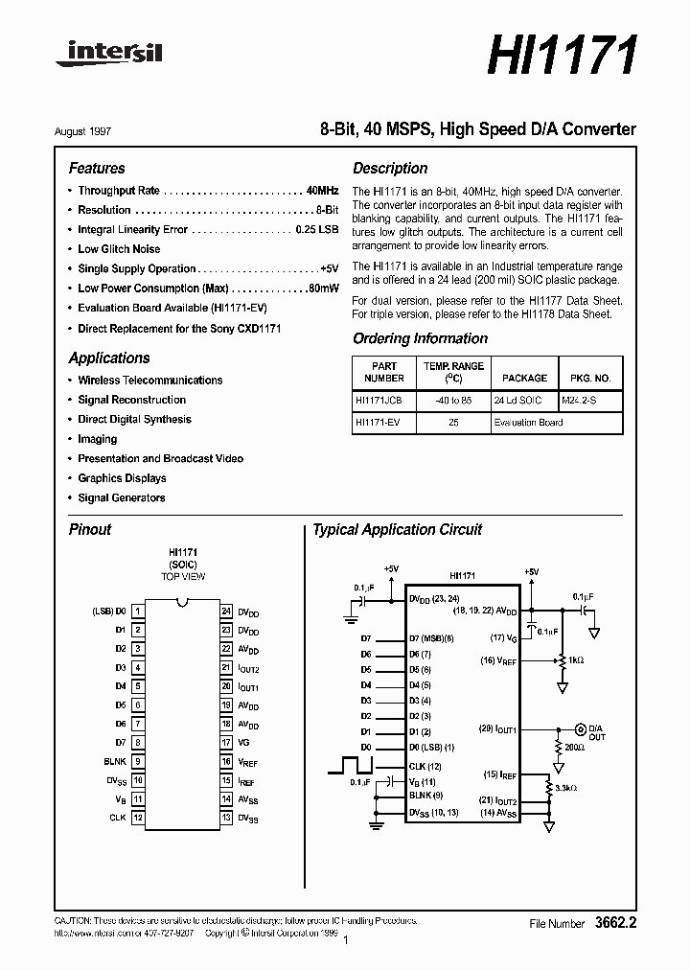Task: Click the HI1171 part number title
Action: click(x=563, y=55)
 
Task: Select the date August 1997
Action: click(x=96, y=130)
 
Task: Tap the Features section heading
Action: click(x=97, y=168)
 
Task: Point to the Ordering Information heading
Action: click(x=420, y=338)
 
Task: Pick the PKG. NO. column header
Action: click(x=590, y=379)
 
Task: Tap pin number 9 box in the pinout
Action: click(x=138, y=761)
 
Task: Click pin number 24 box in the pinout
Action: click(x=227, y=611)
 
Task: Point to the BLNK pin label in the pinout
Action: click(x=115, y=761)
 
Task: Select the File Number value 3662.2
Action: click(x=614, y=923)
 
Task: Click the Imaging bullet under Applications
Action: click(x=98, y=439)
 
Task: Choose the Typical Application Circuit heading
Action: click(x=398, y=530)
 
